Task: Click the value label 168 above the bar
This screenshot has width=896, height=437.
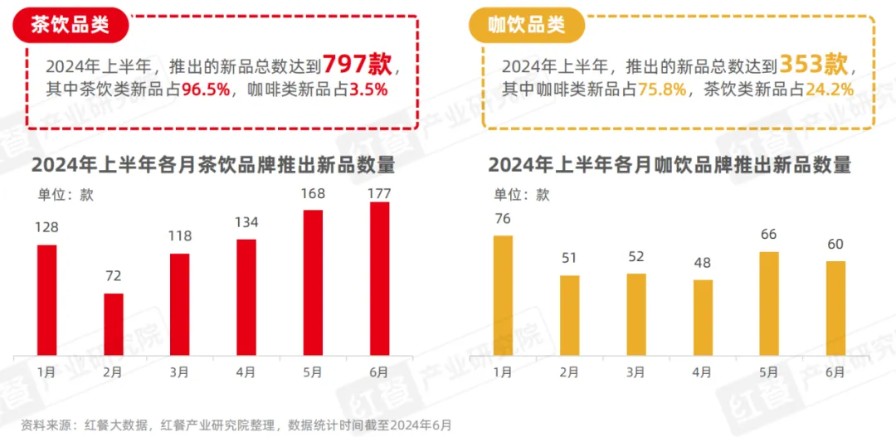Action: click(313, 194)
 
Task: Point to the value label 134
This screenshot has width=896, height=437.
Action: click(246, 222)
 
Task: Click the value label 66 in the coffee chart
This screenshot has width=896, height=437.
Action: click(769, 235)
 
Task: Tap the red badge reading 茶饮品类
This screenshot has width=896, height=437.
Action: click(71, 25)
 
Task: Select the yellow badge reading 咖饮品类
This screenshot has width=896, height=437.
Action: click(527, 25)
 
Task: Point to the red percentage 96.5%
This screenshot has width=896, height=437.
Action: click(200, 90)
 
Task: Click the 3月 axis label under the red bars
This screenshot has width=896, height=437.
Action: click(178, 372)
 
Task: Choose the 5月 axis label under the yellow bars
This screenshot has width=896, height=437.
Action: click(768, 372)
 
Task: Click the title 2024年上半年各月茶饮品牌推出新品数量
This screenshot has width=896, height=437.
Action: click(213, 164)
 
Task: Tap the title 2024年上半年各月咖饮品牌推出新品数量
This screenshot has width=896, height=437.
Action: click(670, 164)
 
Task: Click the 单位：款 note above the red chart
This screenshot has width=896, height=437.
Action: click(66, 195)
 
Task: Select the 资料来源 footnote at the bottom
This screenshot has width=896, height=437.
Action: click(237, 425)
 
